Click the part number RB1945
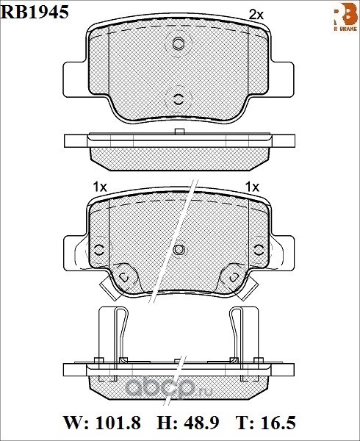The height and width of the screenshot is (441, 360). pyautogui.click(x=35, y=12)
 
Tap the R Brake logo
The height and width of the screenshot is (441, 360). pyautogui.click(x=345, y=18)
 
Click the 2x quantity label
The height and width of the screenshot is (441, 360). pyautogui.click(x=256, y=15)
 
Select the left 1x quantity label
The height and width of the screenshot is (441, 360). pyautogui.click(x=100, y=187)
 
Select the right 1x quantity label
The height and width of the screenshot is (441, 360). pyautogui.click(x=252, y=187)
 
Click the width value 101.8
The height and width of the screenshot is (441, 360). pyautogui.click(x=118, y=423)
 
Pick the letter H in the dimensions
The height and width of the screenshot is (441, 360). pyautogui.click(x=164, y=423)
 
